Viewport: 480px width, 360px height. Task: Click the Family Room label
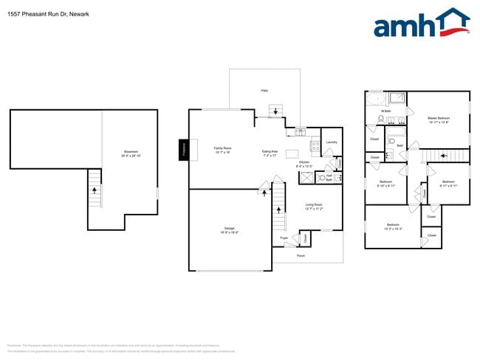tap(222, 150)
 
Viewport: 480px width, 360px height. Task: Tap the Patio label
tap(264, 90)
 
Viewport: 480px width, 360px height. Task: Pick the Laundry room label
tap(332, 142)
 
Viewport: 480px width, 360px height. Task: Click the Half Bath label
tap(329, 178)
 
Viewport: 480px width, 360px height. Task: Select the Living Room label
tap(314, 207)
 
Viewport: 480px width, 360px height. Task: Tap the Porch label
tap(301, 255)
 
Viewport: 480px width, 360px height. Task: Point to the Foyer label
tap(284, 238)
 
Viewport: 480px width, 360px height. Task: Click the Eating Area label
tap(270, 153)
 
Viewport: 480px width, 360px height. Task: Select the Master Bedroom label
tap(439, 120)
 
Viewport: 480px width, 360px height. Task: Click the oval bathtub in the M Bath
tap(375, 98)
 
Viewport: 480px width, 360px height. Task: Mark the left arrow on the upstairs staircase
tap(442, 156)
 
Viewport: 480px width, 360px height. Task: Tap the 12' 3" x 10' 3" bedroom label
tap(393, 226)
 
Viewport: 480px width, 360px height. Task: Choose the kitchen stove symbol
tap(315, 145)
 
